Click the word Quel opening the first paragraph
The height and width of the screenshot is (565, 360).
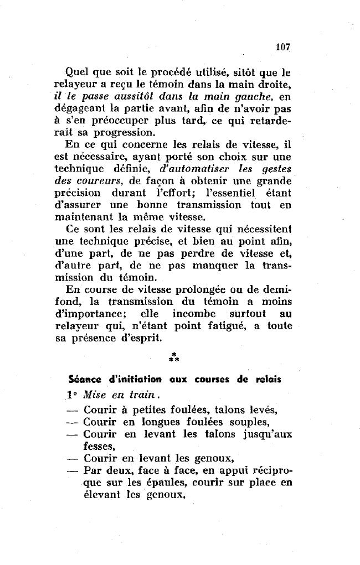77,71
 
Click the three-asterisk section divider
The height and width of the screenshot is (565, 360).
173,357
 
